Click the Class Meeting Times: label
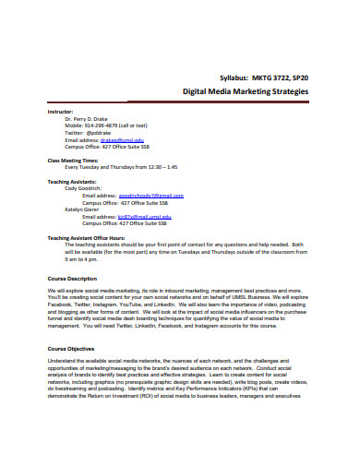point(73,161)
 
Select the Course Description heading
point(71,279)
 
